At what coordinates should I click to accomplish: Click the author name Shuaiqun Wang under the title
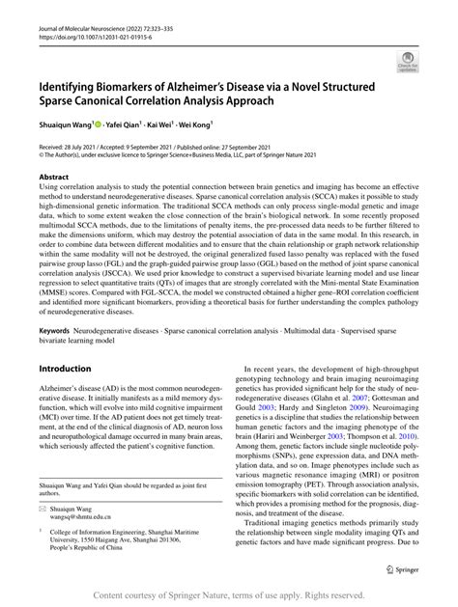tap(66, 123)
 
